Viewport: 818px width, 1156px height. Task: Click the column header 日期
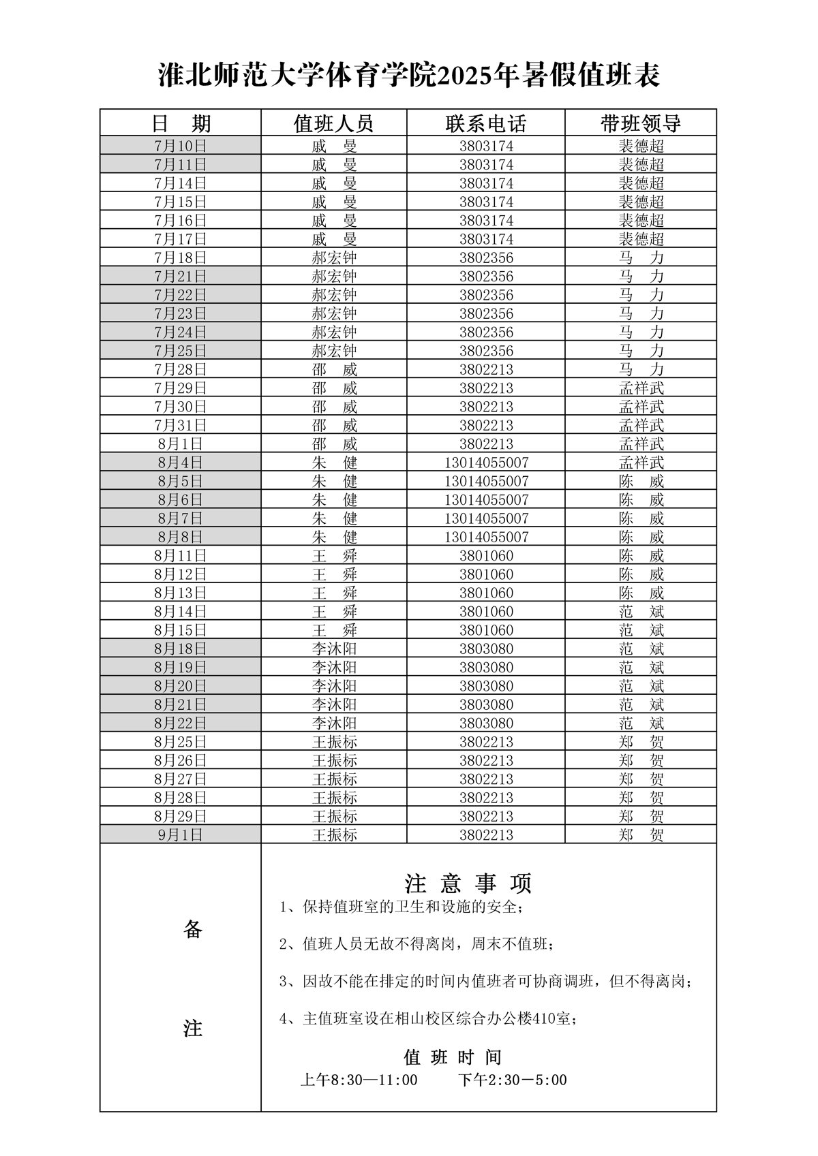coord(181,123)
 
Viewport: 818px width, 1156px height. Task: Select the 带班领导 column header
coord(641,123)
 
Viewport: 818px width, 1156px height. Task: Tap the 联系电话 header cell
coord(486,123)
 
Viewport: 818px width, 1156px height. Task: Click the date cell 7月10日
coord(181,146)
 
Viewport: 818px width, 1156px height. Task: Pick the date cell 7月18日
coord(181,257)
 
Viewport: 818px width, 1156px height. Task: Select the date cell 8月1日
coord(181,444)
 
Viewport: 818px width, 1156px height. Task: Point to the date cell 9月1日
coord(181,835)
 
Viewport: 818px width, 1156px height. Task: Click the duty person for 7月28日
coord(334,370)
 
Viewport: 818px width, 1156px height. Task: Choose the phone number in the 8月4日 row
coord(486,463)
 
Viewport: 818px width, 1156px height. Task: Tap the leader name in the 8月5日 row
coord(641,482)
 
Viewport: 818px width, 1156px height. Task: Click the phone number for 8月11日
coord(486,556)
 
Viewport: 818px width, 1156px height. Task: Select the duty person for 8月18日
coord(334,649)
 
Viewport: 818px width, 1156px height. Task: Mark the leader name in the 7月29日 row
coord(641,388)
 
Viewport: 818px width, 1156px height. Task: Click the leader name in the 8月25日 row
coord(641,742)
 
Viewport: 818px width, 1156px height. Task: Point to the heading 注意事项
coord(468,884)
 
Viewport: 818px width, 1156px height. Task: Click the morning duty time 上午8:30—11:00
coord(359,1080)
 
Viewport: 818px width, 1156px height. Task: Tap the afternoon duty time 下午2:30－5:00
coord(512,1080)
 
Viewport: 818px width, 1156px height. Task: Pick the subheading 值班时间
coord(453,1057)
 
